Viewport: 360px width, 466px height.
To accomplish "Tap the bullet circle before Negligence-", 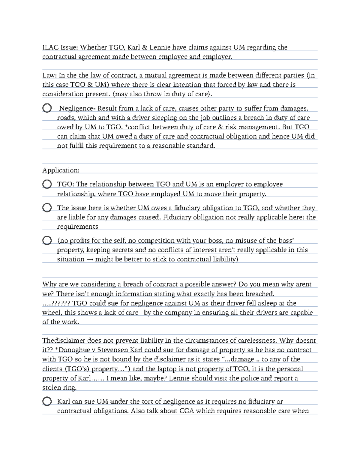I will coord(47,108).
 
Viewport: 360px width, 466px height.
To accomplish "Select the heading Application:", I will coord(61,170).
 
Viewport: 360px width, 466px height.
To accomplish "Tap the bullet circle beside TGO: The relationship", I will coord(47,184).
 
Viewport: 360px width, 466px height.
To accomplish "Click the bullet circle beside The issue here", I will coord(47,208).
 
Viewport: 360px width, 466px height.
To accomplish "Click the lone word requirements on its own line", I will coord(78,227).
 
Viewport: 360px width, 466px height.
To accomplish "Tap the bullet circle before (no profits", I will coord(47,241).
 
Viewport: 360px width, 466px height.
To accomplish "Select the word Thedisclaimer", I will coord(64,341).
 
